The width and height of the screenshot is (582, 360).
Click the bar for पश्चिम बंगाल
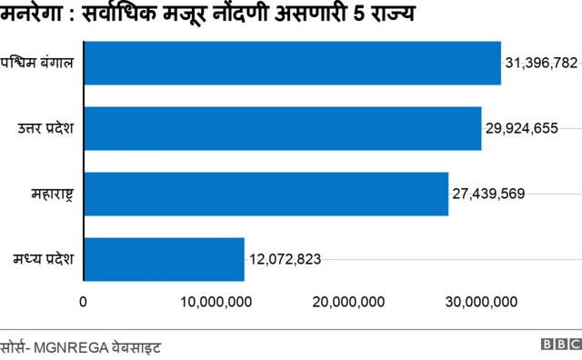(292, 64)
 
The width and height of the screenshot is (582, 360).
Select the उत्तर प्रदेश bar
(282, 128)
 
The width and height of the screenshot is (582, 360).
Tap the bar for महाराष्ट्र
(266, 194)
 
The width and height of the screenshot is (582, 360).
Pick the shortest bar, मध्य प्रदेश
(164, 259)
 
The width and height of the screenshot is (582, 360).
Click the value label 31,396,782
(541, 64)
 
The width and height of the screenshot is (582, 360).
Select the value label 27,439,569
(488, 194)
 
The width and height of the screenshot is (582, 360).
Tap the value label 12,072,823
(284, 259)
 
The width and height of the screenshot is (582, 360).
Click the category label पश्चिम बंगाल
(42, 64)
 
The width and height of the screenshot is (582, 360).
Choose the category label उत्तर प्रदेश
(45, 128)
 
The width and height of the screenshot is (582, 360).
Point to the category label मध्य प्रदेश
(46, 259)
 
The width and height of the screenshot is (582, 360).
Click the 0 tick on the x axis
(84, 302)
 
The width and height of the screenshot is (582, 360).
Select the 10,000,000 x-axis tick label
(218, 302)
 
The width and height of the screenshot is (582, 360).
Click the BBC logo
(560, 345)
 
